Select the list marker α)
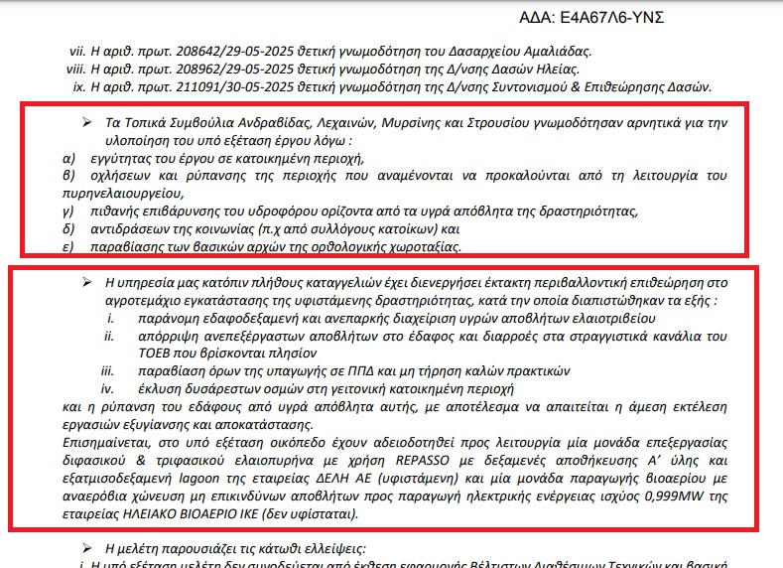(68, 159)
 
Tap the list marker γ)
(68, 213)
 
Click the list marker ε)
(68, 246)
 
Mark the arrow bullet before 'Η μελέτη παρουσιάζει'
(87, 549)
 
